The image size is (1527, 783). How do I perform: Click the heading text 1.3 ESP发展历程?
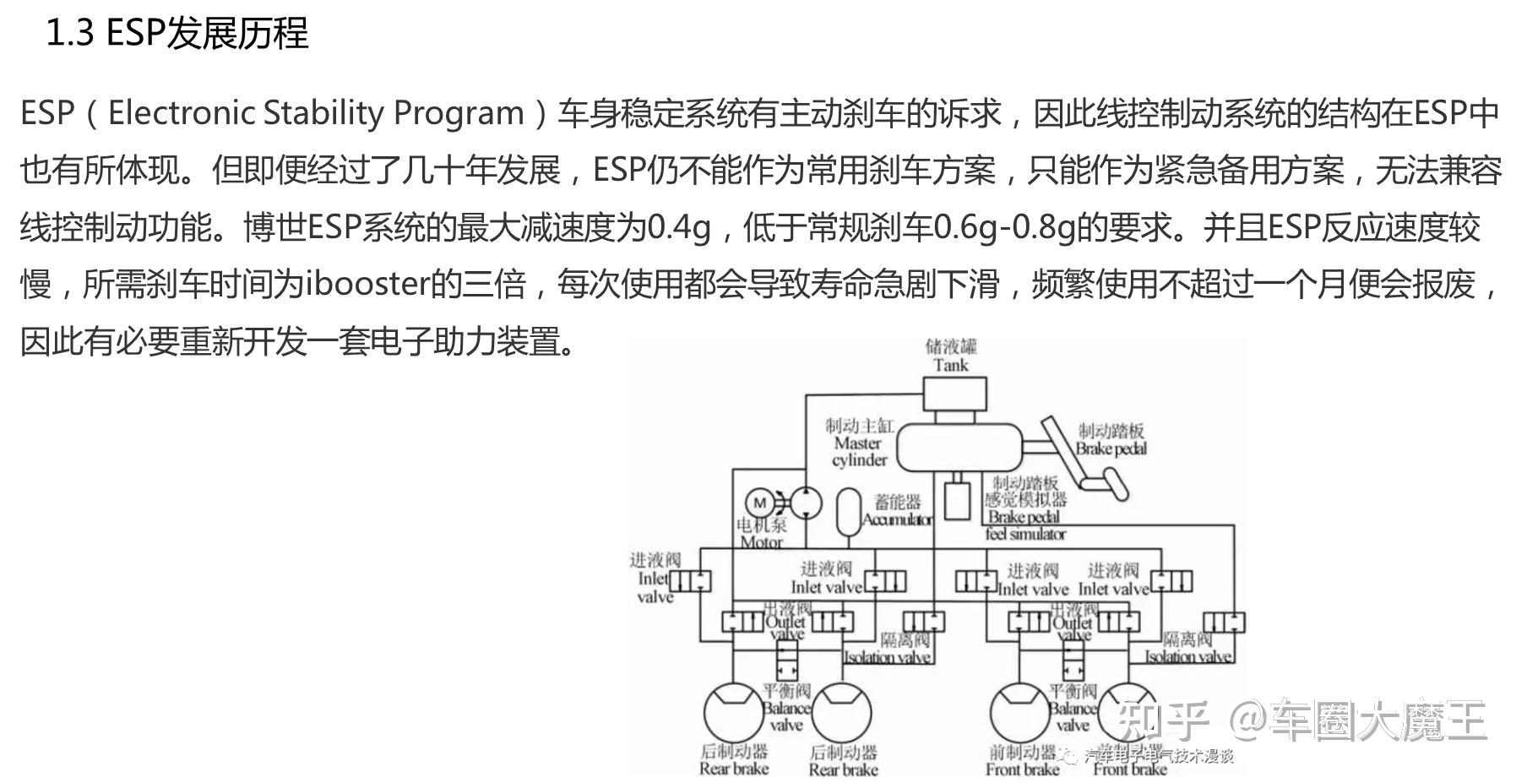pyautogui.click(x=177, y=34)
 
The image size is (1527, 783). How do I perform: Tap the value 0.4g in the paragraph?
pyautogui.click(x=678, y=227)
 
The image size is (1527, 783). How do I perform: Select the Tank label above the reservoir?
pyautogui.click(x=950, y=365)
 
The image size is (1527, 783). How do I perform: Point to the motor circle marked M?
pyautogui.click(x=759, y=503)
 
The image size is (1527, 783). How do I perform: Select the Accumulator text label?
pyautogui.click(x=897, y=519)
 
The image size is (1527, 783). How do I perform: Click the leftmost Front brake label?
pyautogui.click(x=1022, y=769)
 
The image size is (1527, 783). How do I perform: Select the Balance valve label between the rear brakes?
pyautogui.click(x=786, y=708)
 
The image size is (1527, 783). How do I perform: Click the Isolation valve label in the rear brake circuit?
pyautogui.click(x=888, y=657)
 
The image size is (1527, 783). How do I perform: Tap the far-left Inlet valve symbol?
pyautogui.click(x=690, y=581)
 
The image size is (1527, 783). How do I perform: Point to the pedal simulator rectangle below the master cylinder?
pyautogui.click(x=957, y=500)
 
